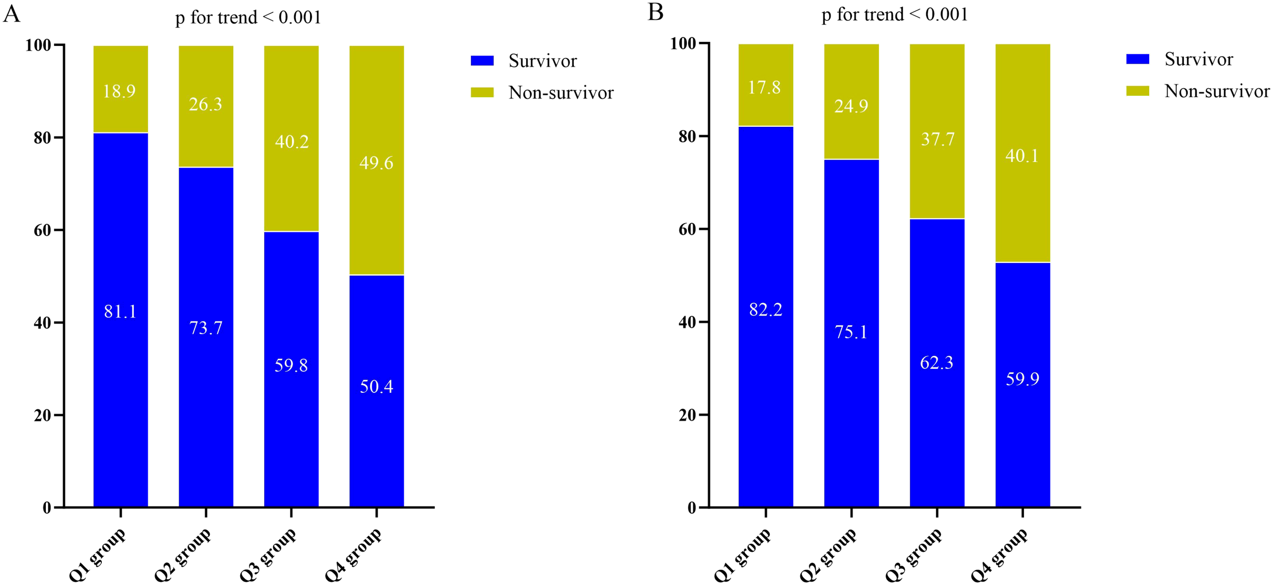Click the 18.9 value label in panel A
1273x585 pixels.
pyautogui.click(x=119, y=92)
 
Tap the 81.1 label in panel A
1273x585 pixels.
pyautogui.click(x=120, y=311)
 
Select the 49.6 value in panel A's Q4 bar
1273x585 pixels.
pyautogui.click(x=376, y=163)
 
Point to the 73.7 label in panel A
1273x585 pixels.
pyautogui.click(x=206, y=328)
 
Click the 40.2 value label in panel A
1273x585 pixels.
pyautogui.click(x=292, y=142)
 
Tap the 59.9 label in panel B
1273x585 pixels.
pyautogui.click(x=1022, y=379)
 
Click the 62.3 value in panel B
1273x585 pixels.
pyautogui.click(x=936, y=363)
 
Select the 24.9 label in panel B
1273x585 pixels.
pyautogui.click(x=851, y=106)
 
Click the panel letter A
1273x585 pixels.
pyautogui.click(x=11, y=14)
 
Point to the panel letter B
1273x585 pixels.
pyautogui.click(x=655, y=12)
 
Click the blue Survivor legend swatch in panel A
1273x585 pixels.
pyautogui.click(x=482, y=61)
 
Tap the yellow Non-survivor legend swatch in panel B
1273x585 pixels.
pyautogui.click(x=1138, y=91)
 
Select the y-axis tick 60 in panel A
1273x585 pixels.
pyautogui.click(x=43, y=230)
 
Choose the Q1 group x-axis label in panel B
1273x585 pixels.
pyautogui.click(x=742, y=554)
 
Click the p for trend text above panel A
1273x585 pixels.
pyautogui.click(x=248, y=18)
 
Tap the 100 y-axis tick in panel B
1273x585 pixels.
pyautogui.click(x=683, y=44)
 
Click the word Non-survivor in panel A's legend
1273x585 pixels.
pyautogui.click(x=561, y=93)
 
